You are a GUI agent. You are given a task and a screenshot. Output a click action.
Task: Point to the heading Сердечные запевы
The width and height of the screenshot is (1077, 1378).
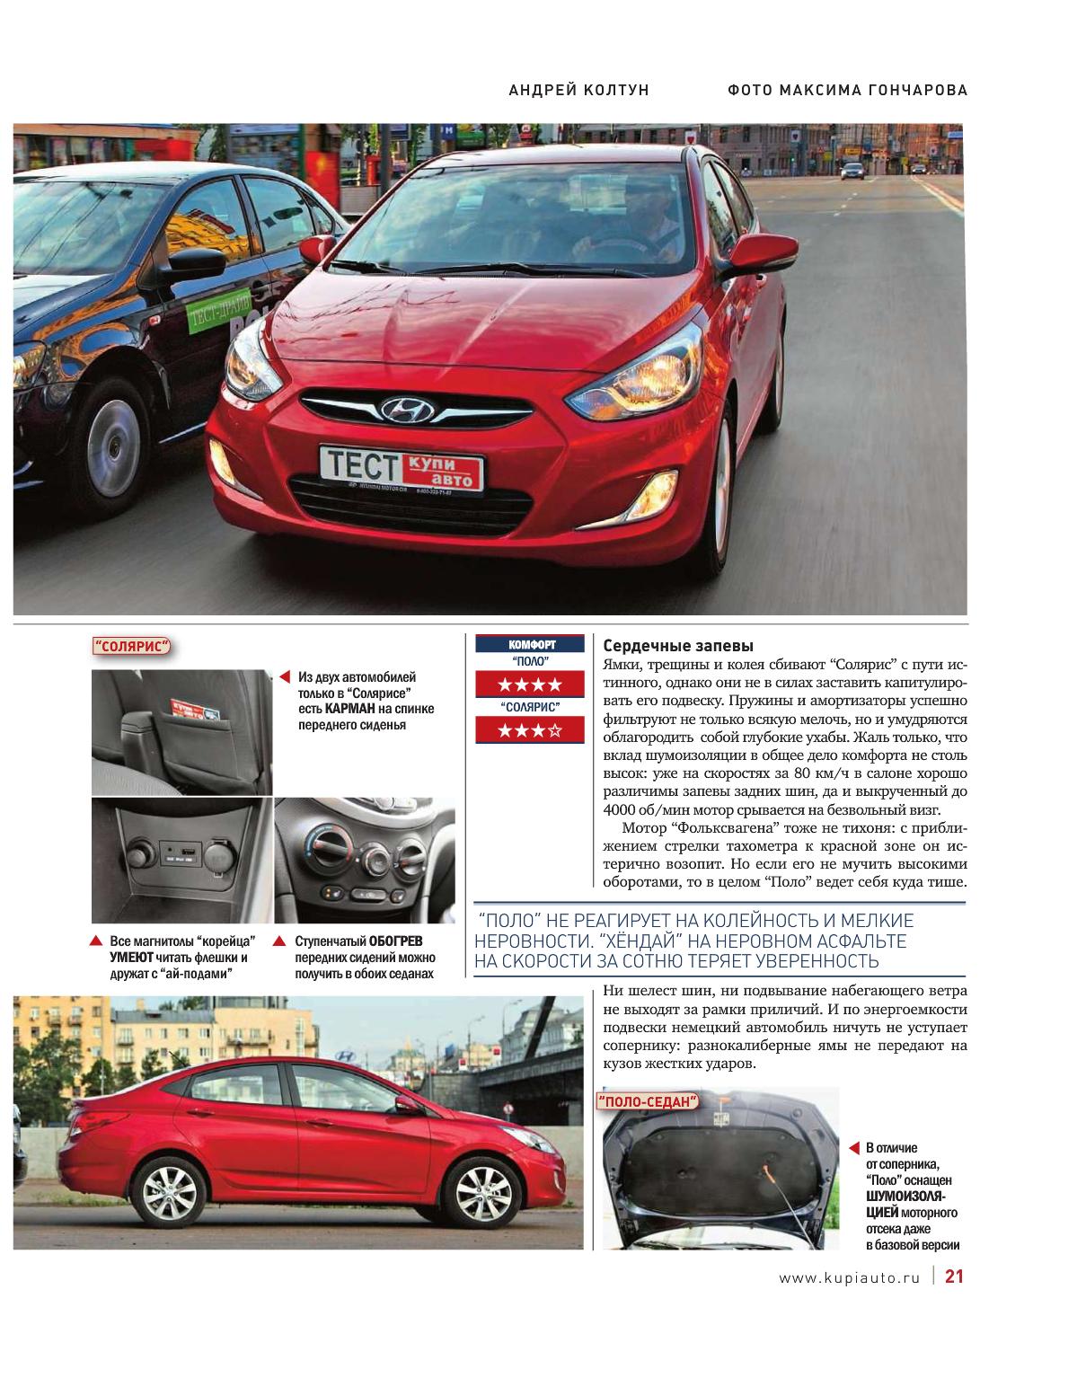[x=678, y=646]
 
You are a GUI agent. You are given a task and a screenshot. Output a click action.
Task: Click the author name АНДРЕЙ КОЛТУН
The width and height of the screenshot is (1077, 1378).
[x=578, y=90]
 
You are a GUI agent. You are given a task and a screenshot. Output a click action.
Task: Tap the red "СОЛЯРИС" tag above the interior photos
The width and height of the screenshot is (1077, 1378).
[x=132, y=648]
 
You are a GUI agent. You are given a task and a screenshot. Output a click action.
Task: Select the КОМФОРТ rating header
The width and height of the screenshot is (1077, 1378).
[x=531, y=644]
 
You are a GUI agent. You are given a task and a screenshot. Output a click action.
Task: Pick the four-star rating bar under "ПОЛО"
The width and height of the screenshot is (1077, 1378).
[x=531, y=685]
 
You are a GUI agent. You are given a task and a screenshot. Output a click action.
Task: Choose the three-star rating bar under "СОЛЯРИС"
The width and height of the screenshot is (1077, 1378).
[x=531, y=730]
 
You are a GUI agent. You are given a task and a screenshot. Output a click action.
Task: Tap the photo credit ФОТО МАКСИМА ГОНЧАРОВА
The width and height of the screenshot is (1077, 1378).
[x=847, y=90]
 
